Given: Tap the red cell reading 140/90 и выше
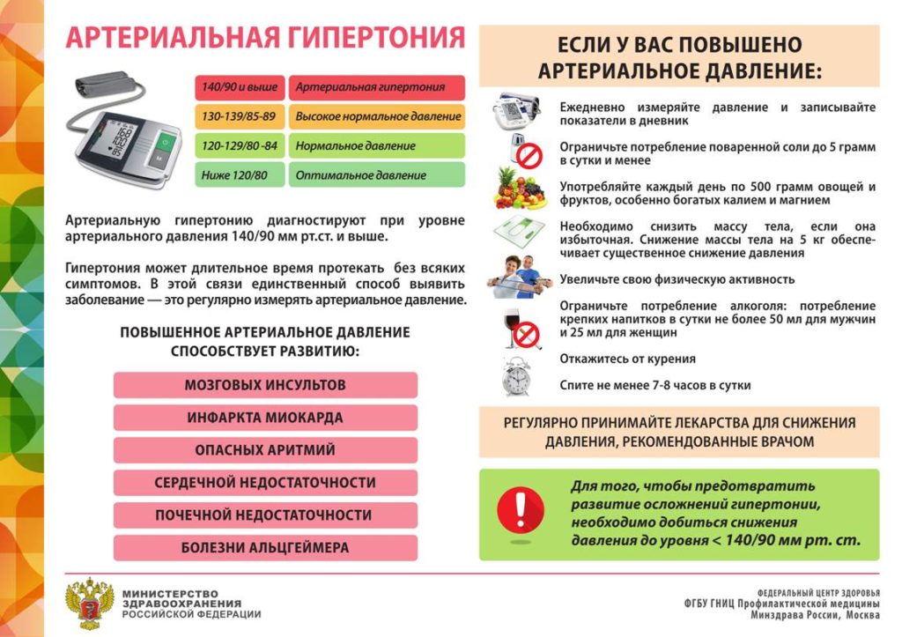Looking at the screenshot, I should (240, 88).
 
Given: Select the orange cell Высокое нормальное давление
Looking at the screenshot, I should (377, 116).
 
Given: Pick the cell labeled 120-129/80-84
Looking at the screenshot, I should (240, 145).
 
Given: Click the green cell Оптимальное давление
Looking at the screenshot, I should (377, 174).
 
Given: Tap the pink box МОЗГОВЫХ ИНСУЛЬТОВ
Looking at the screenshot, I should (265, 385).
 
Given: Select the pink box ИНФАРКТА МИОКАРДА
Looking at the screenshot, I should (265, 418).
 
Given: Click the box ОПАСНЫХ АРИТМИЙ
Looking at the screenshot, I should (265, 450).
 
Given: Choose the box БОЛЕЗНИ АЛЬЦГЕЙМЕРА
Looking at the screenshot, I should (265, 548).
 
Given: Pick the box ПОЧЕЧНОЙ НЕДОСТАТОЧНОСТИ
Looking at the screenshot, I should (265, 515).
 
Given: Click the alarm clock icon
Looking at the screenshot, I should (516, 376).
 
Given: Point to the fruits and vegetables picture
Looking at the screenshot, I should (521, 189).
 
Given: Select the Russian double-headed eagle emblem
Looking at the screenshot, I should (90, 604).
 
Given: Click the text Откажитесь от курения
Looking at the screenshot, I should (628, 359).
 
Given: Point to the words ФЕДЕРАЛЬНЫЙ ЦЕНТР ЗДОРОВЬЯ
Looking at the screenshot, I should (818, 593).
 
